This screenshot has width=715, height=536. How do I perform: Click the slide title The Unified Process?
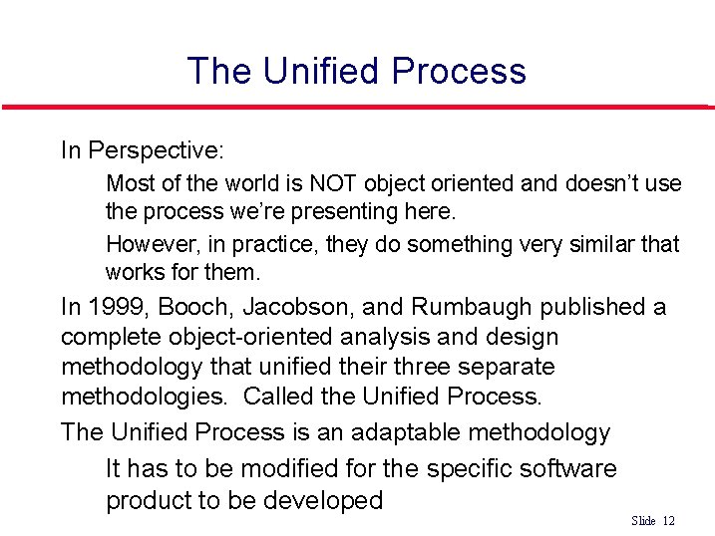point(356,71)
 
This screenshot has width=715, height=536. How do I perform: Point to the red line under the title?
point(356,107)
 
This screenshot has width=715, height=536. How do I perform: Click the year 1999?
point(113,307)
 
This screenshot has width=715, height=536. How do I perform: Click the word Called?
point(276,397)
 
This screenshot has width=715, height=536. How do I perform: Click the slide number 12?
point(668,521)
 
